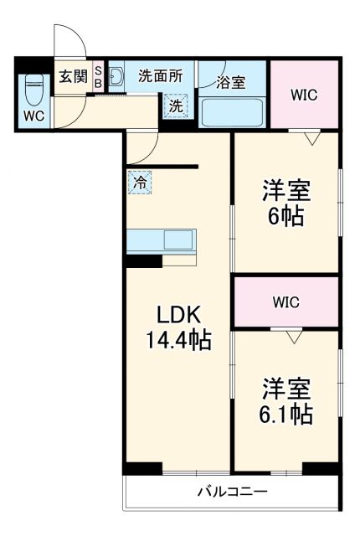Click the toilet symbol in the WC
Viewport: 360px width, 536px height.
(x=34, y=87)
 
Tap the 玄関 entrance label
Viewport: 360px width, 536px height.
(x=73, y=77)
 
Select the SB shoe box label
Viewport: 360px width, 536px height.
(x=98, y=77)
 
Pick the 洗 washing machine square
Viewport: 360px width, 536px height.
(x=175, y=106)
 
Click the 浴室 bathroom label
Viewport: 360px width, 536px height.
(x=230, y=82)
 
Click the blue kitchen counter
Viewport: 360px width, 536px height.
(x=161, y=239)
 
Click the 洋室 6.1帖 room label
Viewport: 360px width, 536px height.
(x=286, y=402)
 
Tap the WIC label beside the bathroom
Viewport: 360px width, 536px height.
(x=304, y=94)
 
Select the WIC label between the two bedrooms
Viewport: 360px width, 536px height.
(x=285, y=301)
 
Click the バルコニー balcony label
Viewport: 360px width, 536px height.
(x=232, y=492)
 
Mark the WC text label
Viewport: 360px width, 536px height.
(x=33, y=116)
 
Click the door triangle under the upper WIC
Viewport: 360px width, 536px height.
(x=311, y=137)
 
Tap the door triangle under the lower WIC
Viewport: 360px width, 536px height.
(x=292, y=336)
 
